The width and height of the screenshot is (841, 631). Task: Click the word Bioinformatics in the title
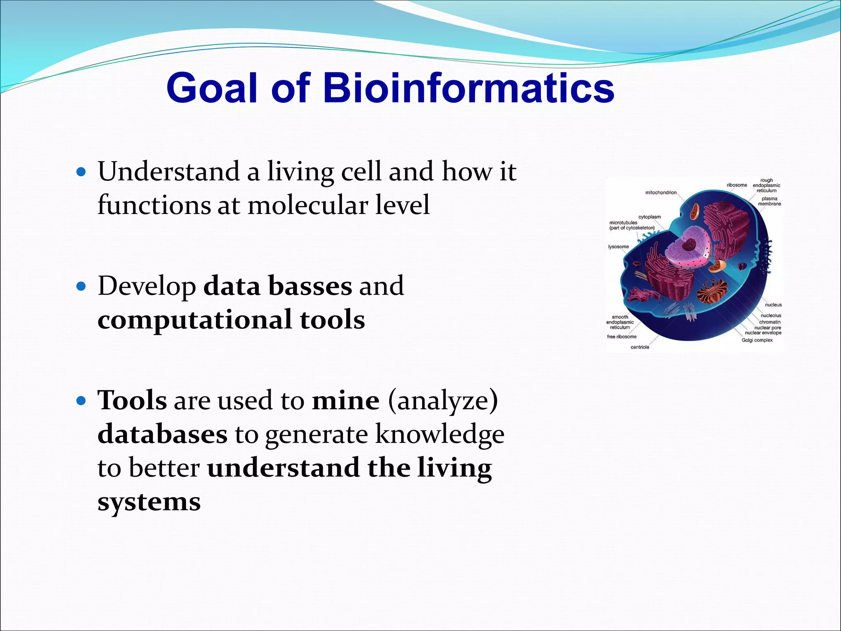click(x=468, y=88)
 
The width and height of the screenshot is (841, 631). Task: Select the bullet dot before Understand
click(x=81, y=172)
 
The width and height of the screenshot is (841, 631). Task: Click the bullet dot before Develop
click(x=81, y=286)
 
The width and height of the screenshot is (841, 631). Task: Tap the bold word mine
click(x=345, y=400)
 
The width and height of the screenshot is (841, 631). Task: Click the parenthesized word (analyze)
click(x=442, y=401)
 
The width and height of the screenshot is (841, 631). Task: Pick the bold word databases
click(x=162, y=434)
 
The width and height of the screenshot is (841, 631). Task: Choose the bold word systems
click(x=149, y=502)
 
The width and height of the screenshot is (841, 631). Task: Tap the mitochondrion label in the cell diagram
click(x=661, y=193)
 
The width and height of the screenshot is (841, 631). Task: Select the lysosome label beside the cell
click(x=618, y=247)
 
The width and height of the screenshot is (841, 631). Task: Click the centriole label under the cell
click(x=640, y=347)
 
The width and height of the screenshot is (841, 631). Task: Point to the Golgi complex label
click(x=757, y=340)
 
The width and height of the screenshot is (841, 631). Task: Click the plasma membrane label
click(x=769, y=201)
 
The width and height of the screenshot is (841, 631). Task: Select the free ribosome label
click(x=622, y=337)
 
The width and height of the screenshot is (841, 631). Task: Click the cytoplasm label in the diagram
click(x=649, y=217)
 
